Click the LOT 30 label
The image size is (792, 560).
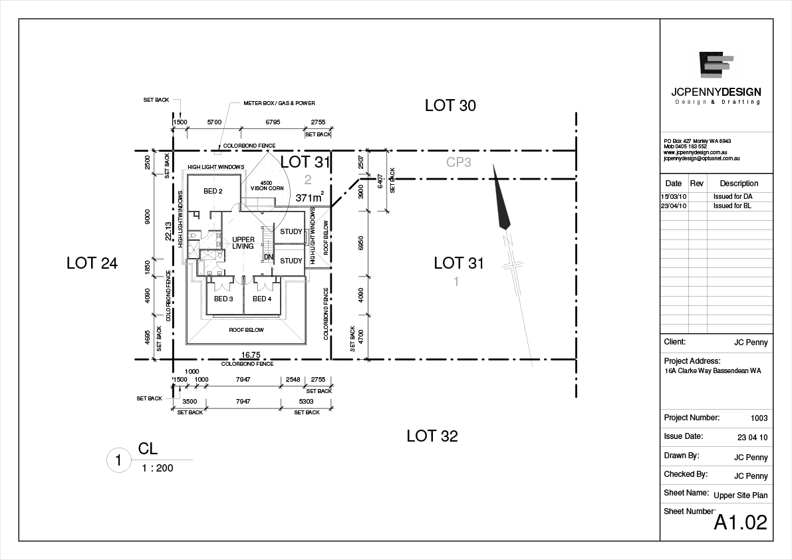pos(450,105)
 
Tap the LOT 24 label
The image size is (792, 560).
pos(92,263)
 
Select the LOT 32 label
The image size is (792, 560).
pos(432,436)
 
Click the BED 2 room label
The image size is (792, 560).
pos(213,192)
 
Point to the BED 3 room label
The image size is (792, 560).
pos(223,299)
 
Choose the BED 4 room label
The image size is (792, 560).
pos(262,299)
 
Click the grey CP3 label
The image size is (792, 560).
pos(459,162)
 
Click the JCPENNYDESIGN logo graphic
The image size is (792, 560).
pos(716,65)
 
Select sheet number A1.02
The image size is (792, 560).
pos(740,522)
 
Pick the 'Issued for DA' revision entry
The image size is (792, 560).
pos(733,197)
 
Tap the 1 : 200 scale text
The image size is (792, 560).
pos(158,468)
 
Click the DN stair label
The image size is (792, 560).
pos(269,257)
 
